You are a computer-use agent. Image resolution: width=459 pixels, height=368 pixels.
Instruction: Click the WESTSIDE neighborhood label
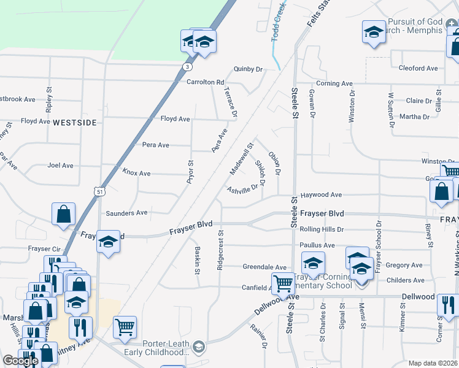point(75,123)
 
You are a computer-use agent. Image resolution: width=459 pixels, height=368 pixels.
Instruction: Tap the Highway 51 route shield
point(99,193)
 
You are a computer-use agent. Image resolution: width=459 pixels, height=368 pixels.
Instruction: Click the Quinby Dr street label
point(247,69)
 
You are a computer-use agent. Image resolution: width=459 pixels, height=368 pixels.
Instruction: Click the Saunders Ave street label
point(126,213)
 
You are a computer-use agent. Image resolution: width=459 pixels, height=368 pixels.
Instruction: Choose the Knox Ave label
point(136,174)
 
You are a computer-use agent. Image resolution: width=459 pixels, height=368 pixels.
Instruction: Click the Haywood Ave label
point(320,195)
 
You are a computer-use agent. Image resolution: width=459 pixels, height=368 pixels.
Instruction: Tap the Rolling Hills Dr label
point(322,229)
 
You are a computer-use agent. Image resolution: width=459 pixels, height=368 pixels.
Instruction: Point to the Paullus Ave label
point(317,245)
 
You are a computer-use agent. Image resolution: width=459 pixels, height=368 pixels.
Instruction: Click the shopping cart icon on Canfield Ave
point(283,283)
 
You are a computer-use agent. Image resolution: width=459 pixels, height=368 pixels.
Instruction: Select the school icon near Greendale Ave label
point(313,263)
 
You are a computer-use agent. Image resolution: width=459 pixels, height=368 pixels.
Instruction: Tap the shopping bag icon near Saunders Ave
point(64,213)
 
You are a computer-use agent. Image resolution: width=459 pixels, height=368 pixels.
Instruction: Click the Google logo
point(20,361)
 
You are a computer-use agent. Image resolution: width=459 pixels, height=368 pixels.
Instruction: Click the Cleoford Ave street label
point(418,68)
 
